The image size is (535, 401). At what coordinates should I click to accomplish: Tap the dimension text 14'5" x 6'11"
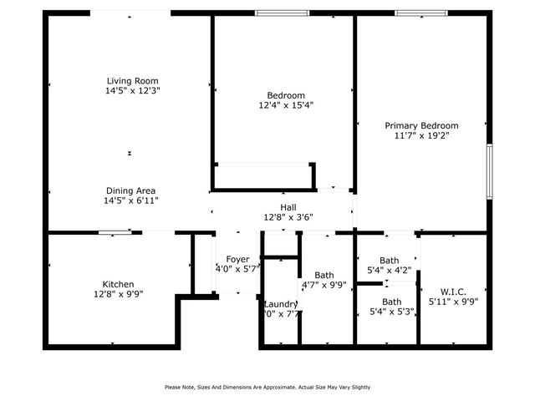[130, 200]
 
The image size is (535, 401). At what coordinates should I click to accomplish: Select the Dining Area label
[130, 190]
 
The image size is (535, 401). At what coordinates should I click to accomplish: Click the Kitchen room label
[118, 284]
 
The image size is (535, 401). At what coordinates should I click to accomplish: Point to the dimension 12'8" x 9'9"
[118, 294]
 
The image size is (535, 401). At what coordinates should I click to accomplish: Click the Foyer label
[233, 259]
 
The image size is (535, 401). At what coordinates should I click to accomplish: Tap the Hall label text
[288, 207]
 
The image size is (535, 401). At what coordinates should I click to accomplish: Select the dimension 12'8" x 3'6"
[288, 217]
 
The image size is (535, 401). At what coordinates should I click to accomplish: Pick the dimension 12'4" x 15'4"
[286, 105]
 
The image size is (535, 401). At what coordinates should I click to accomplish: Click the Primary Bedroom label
[421, 124]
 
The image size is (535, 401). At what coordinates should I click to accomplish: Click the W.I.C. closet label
[447, 291]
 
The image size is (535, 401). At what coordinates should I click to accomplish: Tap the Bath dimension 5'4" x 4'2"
[390, 270]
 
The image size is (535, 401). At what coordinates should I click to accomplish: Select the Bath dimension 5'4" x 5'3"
[390, 312]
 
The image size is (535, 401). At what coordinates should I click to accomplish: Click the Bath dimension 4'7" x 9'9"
[324, 285]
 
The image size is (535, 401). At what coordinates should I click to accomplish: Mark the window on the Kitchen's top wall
[113, 233]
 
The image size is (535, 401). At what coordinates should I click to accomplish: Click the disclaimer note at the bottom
[267, 387]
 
